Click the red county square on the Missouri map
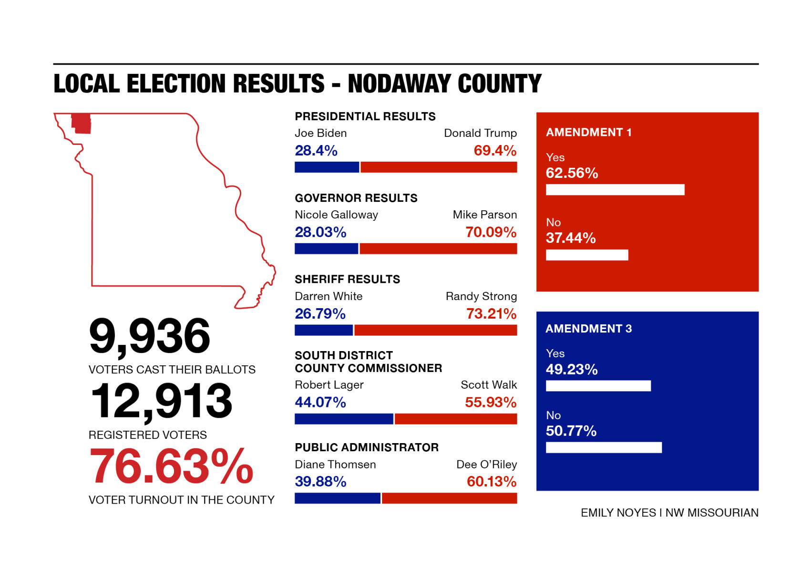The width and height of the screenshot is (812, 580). coord(81,124)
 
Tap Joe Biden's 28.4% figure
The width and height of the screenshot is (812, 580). coord(316,151)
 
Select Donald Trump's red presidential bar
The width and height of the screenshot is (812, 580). coord(439,167)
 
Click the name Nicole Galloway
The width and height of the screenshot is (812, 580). coord(336,215)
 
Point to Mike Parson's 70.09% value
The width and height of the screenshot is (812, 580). coord(491,232)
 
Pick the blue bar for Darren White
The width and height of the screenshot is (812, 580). coord(324,330)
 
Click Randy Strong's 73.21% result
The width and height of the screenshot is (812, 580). coord(491,314)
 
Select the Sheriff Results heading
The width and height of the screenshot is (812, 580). coord(347,280)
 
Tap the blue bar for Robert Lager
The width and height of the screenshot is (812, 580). coord(344,419)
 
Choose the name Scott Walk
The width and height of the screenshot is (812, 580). coord(488,385)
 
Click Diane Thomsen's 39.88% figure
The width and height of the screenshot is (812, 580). coord(320,482)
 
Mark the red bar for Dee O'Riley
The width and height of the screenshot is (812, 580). coord(449,498)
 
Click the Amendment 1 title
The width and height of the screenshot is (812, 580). coord(588,133)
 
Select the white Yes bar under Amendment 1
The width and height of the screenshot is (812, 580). coord(615,190)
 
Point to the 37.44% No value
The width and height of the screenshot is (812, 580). coord(570,238)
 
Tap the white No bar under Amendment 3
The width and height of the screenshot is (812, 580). coord(604,447)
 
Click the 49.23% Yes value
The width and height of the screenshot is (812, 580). coord(571,370)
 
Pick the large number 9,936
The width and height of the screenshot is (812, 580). coord(149,337)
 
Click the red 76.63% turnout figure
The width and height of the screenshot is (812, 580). coord(171,466)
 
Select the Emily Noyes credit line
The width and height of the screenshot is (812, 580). coord(669,513)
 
